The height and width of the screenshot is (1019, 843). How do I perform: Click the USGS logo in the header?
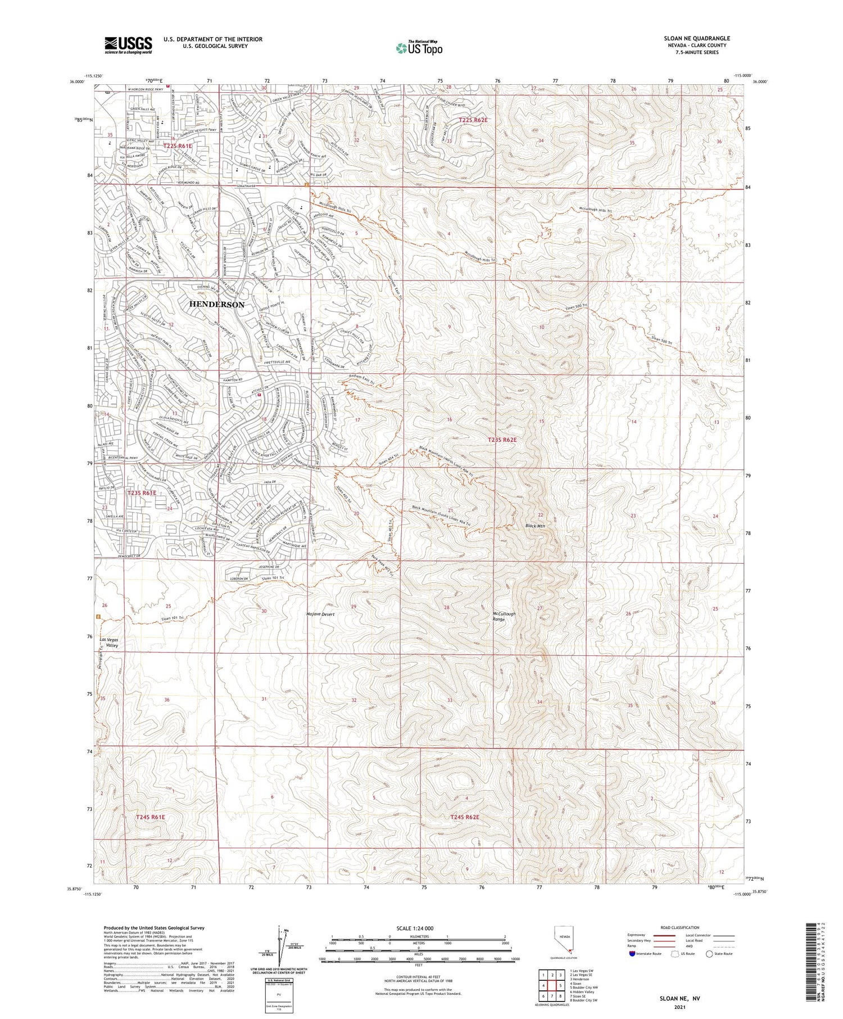(x=128, y=45)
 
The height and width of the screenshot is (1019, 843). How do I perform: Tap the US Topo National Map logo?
(x=419, y=48)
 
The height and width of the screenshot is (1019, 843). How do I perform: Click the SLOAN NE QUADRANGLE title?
(x=696, y=38)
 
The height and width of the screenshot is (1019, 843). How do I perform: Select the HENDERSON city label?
(x=217, y=304)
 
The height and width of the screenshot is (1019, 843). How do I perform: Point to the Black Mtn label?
(x=535, y=526)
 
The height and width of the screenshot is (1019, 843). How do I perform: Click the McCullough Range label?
(x=504, y=616)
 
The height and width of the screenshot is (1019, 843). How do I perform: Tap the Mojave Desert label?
(x=320, y=614)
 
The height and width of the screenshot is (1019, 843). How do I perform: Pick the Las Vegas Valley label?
(x=109, y=643)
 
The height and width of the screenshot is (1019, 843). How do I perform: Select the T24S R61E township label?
(x=150, y=817)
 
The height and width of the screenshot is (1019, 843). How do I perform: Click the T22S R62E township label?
(x=473, y=120)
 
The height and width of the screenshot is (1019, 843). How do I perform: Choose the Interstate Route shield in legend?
(x=632, y=953)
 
